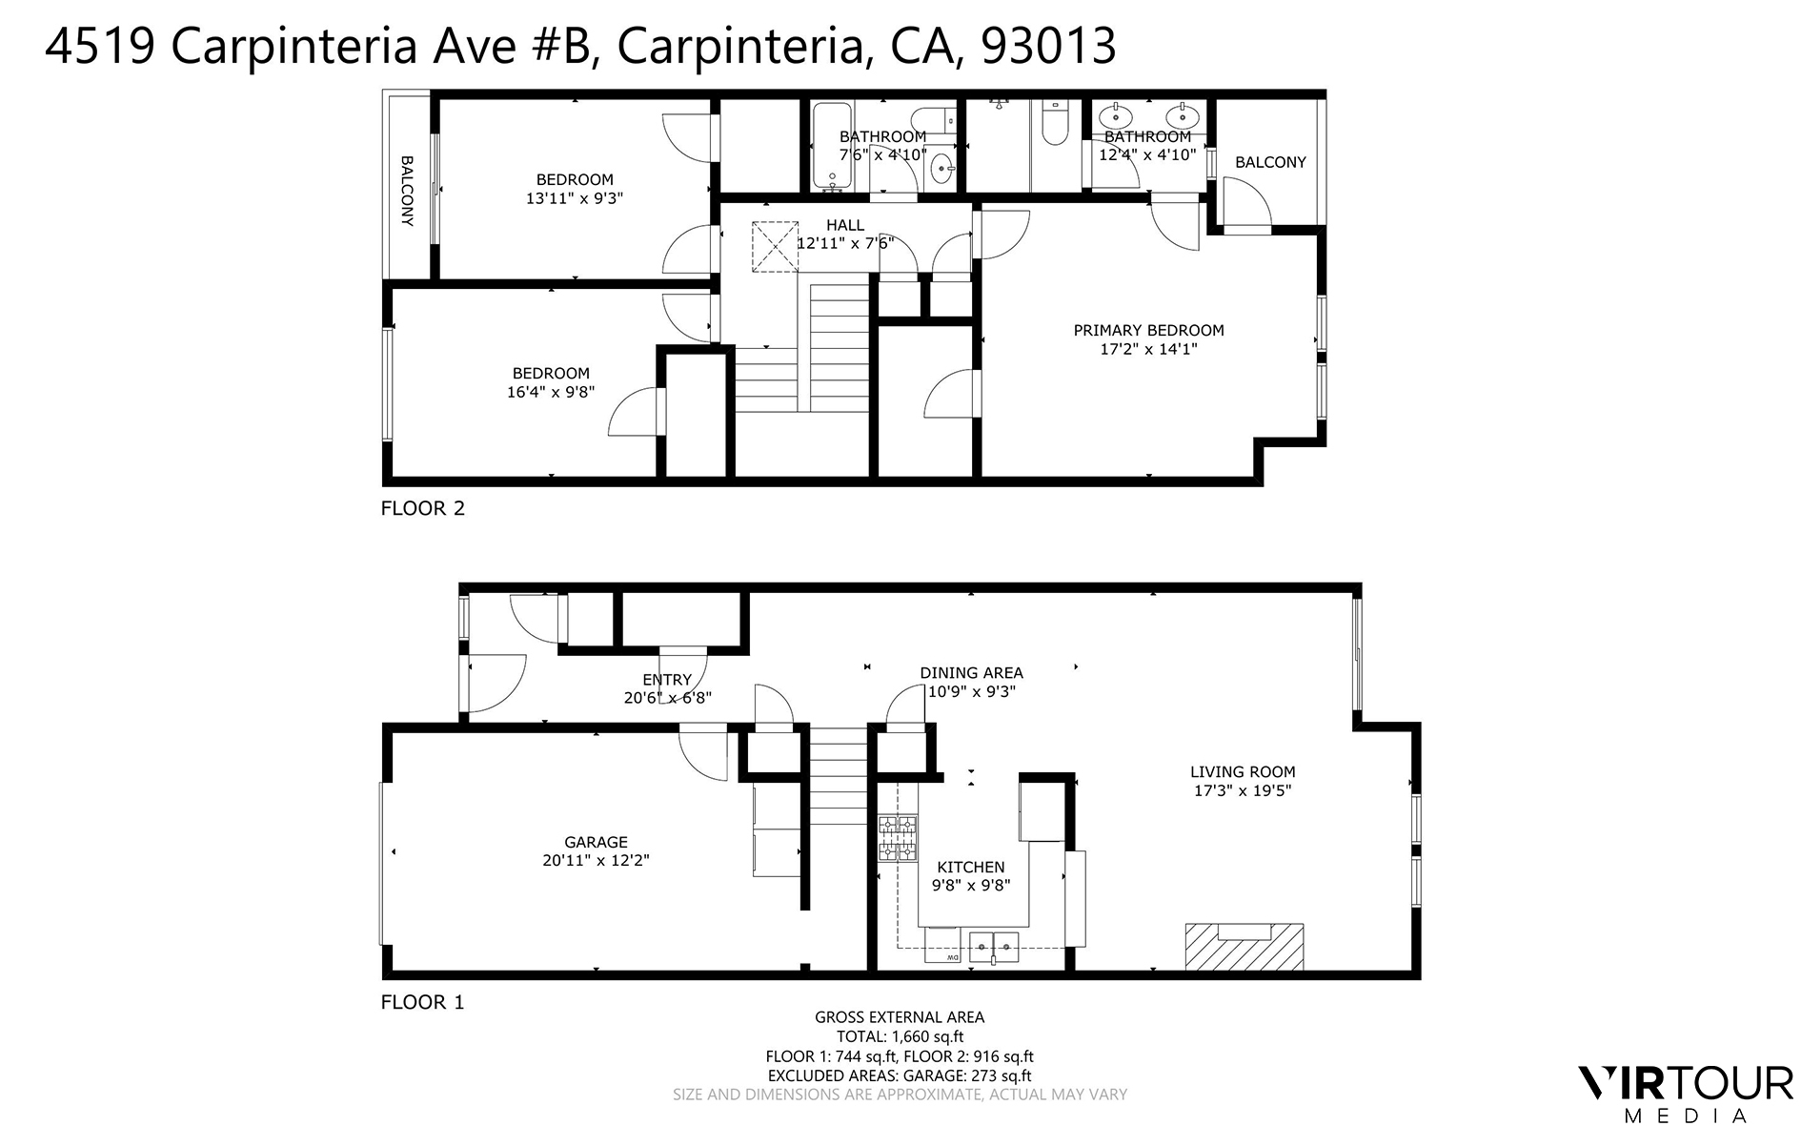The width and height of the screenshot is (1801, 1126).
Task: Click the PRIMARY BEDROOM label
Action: pyautogui.click(x=1148, y=330)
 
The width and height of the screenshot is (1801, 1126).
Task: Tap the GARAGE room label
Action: pyautogui.click(x=596, y=842)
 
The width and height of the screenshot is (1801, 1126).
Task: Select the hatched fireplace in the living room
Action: pyautogui.click(x=1244, y=947)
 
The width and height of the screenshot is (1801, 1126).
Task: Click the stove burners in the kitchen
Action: pyautogui.click(x=898, y=837)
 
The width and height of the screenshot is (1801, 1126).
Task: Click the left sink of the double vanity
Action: pyautogui.click(x=1114, y=116)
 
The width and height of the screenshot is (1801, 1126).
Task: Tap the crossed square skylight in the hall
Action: pyautogui.click(x=774, y=247)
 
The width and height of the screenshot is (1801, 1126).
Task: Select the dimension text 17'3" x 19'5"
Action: pyautogui.click(x=1243, y=790)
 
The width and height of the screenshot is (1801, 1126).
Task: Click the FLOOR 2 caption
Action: pyautogui.click(x=422, y=508)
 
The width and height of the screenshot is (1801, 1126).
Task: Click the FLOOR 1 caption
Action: pyautogui.click(x=422, y=1002)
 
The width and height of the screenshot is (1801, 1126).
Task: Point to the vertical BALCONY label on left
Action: pyautogui.click(x=407, y=191)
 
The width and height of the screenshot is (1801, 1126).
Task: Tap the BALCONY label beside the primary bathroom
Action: pyautogui.click(x=1270, y=162)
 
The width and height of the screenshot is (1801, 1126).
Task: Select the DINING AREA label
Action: pyautogui.click(x=971, y=672)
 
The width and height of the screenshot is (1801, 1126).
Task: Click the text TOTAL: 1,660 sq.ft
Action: pyautogui.click(x=900, y=1036)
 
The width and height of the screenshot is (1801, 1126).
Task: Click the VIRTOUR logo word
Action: pyautogui.click(x=1686, y=1084)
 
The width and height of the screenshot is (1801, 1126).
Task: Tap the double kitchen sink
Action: pyautogui.click(x=994, y=946)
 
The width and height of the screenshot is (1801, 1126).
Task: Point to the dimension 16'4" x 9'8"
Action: pyautogui.click(x=551, y=392)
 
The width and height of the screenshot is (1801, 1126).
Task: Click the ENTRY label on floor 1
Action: pyautogui.click(x=666, y=680)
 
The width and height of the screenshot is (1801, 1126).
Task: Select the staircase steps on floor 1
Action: pyautogui.click(x=838, y=777)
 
